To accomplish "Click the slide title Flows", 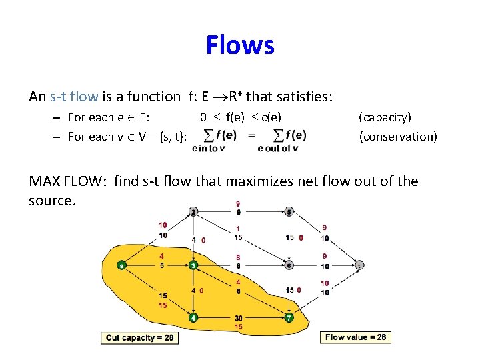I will pos(240,45).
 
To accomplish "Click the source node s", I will pos(121,265).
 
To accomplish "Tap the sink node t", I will pos(359,265).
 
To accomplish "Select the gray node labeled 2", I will pos(193,212).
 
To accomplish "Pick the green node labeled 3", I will pos(193,265).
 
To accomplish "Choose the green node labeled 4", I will pos(193,318).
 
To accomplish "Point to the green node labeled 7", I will pos(289,318).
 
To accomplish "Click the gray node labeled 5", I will pos(289,212).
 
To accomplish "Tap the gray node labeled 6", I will pos(289,265).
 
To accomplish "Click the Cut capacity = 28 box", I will pos(139,338).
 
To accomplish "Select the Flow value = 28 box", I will pos(355,337).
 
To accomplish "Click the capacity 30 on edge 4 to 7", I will pos(238,318).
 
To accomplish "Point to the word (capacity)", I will pos(385,117).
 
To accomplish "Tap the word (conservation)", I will pos(398,137).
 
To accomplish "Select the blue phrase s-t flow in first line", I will pos(74,97).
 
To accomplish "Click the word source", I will pos(51,201).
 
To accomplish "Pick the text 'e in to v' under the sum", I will pos(208,149).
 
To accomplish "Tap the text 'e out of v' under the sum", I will pos(277,149).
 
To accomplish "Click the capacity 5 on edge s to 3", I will pos(162,265).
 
